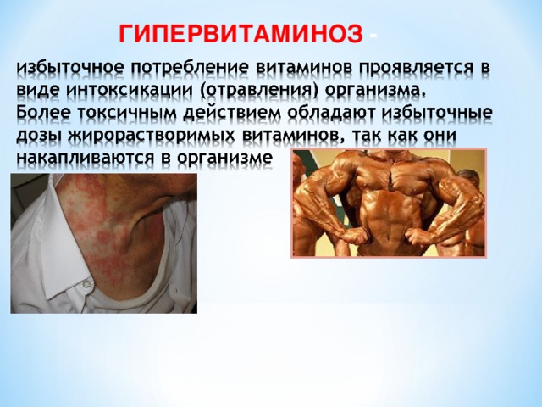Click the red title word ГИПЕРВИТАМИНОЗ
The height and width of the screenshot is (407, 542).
pyautogui.click(x=240, y=34)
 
